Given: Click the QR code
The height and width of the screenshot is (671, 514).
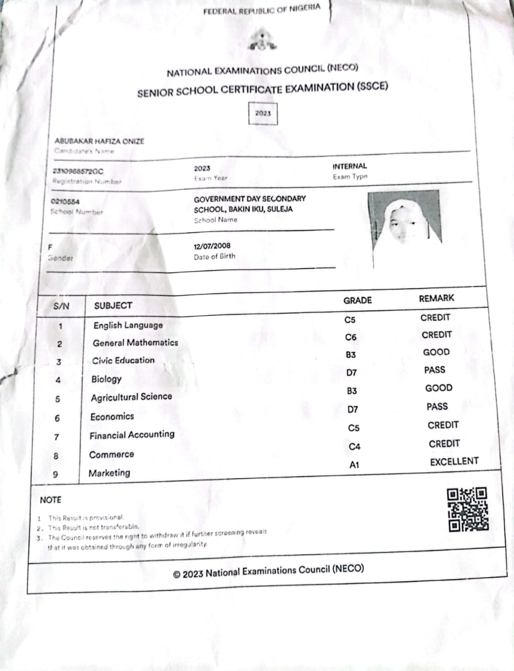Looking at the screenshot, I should click(467, 509).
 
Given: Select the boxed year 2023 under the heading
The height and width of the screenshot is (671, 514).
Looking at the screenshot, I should click(263, 113).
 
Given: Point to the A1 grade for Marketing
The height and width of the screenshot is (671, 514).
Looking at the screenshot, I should click(354, 465).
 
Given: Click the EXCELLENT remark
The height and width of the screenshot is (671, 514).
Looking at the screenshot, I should click(454, 462).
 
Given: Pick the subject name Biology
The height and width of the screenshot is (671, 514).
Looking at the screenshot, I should click(106, 379).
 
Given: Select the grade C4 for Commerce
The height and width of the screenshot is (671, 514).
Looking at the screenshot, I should click(355, 447).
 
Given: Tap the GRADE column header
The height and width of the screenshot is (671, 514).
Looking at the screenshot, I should click(357, 300).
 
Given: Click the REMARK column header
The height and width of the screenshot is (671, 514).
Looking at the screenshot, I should click(436, 298).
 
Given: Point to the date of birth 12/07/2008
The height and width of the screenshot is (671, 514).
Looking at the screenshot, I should click(212, 246).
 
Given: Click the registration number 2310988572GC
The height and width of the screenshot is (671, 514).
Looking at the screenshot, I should click(79, 171).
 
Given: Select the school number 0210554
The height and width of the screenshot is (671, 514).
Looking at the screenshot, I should click(65, 202).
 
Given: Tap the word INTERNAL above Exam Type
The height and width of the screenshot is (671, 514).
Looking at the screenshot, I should click(349, 166).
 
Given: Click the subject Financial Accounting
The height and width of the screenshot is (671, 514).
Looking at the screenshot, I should click(132, 435).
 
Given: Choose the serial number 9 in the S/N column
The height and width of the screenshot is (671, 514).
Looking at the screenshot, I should click(56, 475).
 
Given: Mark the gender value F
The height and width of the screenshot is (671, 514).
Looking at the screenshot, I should click(50, 247).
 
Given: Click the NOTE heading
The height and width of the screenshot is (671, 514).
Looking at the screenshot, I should click(50, 500).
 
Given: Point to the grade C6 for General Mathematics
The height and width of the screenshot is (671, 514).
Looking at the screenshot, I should click(351, 338).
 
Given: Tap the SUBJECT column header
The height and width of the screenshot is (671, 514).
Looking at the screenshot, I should click(113, 306).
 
